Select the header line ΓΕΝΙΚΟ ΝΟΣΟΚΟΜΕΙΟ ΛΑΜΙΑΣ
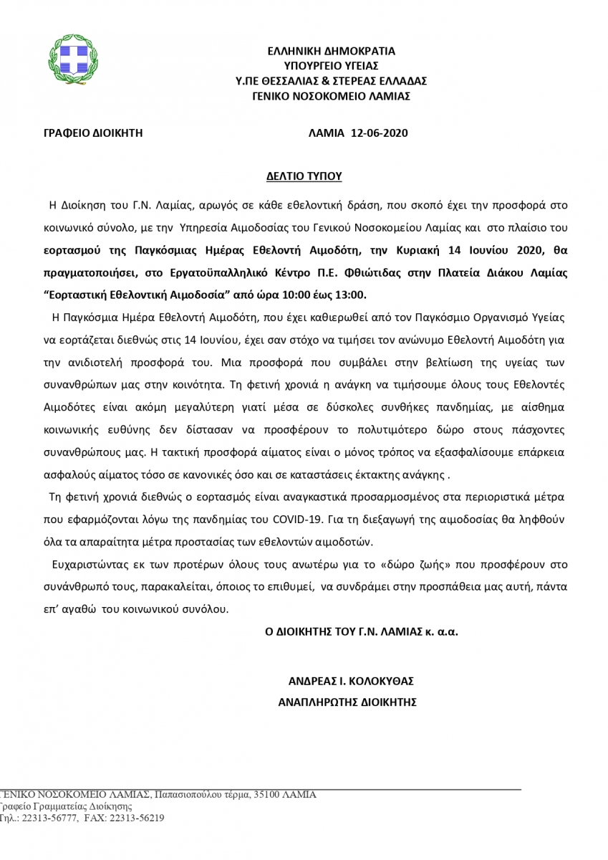330,95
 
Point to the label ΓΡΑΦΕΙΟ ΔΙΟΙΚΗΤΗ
93,133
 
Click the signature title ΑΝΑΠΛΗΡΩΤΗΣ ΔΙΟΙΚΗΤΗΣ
347,703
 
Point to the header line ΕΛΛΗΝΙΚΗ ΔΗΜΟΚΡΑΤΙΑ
331,51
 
